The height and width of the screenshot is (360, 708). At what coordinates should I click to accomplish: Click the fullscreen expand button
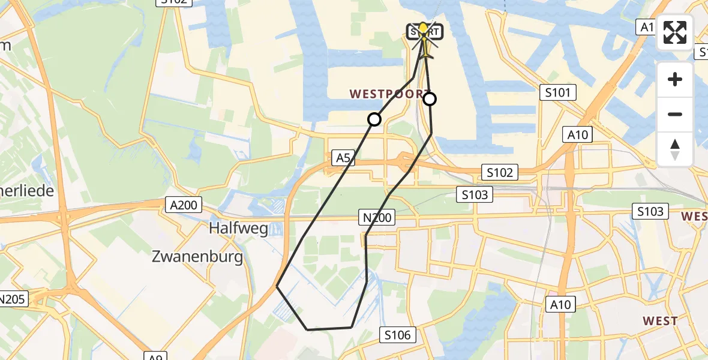[x=675, y=32]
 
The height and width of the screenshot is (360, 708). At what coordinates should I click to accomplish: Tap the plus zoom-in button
[x=675, y=79]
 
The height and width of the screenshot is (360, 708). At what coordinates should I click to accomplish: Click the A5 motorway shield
[x=343, y=158]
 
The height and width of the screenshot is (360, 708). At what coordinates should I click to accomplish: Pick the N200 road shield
[x=377, y=217]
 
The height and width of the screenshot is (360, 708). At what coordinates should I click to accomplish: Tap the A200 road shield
[x=182, y=205]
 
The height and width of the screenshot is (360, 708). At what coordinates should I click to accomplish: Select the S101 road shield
[x=557, y=92]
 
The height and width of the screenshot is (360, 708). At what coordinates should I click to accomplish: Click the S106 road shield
[x=398, y=334]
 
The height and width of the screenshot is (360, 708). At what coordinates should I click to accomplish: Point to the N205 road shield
[x=12, y=299]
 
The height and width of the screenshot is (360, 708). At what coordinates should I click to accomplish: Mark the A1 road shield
[x=646, y=26]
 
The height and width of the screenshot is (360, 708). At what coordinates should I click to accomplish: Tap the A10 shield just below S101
[x=577, y=135]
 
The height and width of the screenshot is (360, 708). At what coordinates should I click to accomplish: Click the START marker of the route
[x=425, y=31]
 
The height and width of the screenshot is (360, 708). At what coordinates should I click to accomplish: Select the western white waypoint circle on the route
[x=374, y=119]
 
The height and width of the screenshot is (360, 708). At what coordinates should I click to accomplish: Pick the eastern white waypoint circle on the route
[x=430, y=99]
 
